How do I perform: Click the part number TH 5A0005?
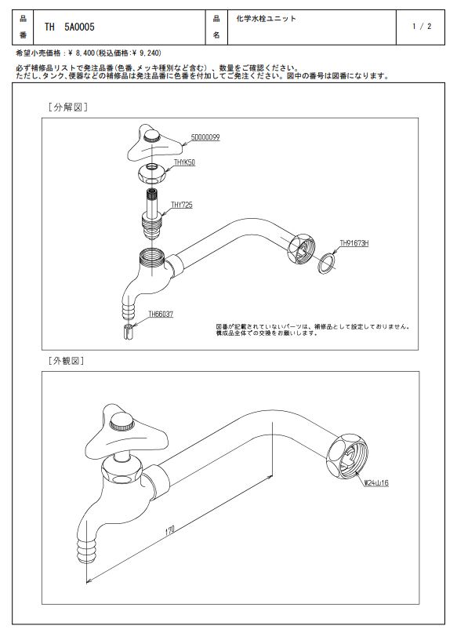[70, 27]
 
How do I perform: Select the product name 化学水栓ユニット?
[266, 18]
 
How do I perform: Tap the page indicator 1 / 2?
[422, 27]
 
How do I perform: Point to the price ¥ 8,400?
[81, 53]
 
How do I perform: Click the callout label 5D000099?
[205, 138]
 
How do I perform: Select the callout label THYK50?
[184, 162]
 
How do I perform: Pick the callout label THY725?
[182, 205]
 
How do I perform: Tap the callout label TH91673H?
[354, 243]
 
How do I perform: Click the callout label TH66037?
[161, 314]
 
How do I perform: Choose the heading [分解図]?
[67, 107]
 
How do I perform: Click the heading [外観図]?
[66, 361]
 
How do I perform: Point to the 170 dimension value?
[169, 530]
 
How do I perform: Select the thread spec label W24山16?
[376, 483]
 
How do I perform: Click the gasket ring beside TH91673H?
[326, 263]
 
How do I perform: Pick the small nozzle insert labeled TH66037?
[128, 332]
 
